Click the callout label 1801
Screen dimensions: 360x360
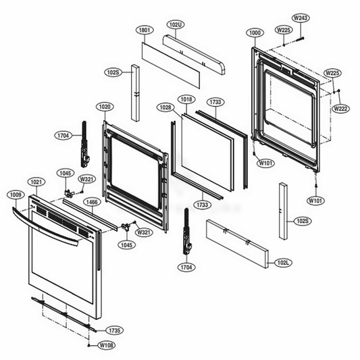click(145, 30)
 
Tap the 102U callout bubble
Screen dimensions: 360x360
click(176, 24)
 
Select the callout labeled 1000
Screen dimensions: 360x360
click(255, 33)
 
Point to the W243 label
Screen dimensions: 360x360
click(301, 18)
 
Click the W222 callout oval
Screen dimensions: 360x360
click(340, 109)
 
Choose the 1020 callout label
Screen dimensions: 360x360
click(105, 107)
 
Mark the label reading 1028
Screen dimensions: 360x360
click(165, 107)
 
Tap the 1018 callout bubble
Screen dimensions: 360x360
click(186, 99)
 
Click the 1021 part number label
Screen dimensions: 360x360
click(36, 182)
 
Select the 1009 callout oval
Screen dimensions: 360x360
click(16, 195)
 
